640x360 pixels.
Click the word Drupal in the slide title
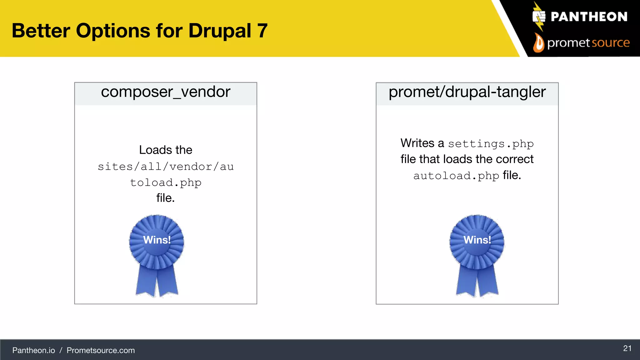(220, 31)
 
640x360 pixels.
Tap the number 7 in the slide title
(262, 31)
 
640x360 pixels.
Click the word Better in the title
(41, 31)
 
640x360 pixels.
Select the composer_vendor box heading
(166, 92)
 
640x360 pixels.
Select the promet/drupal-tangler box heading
(467, 92)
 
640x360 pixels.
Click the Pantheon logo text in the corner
(589, 17)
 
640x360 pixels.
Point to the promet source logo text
(588, 43)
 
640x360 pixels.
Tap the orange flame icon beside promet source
(538, 43)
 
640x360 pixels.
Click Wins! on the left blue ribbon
(157, 240)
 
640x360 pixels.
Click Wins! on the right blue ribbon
(477, 240)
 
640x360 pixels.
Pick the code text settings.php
(491, 144)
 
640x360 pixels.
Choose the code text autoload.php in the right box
(456, 176)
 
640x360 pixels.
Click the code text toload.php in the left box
(166, 182)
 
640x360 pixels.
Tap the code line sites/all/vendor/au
(166, 167)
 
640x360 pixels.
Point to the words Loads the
(166, 150)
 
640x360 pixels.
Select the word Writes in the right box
(417, 143)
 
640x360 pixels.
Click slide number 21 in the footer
(627, 348)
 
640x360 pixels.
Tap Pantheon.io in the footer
(34, 350)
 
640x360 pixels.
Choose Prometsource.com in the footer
(101, 350)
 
